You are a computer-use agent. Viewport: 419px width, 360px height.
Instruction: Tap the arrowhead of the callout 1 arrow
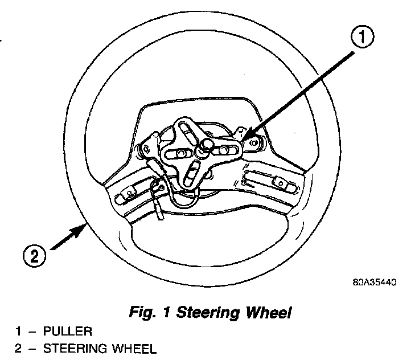[x=244, y=139]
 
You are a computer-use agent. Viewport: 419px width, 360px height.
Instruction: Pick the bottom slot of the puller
[x=194, y=171]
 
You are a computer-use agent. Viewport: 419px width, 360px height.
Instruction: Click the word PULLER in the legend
[x=67, y=331]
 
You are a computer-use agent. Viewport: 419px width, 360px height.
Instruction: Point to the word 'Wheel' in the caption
[x=269, y=312]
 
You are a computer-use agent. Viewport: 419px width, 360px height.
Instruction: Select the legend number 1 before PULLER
[x=18, y=331]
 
